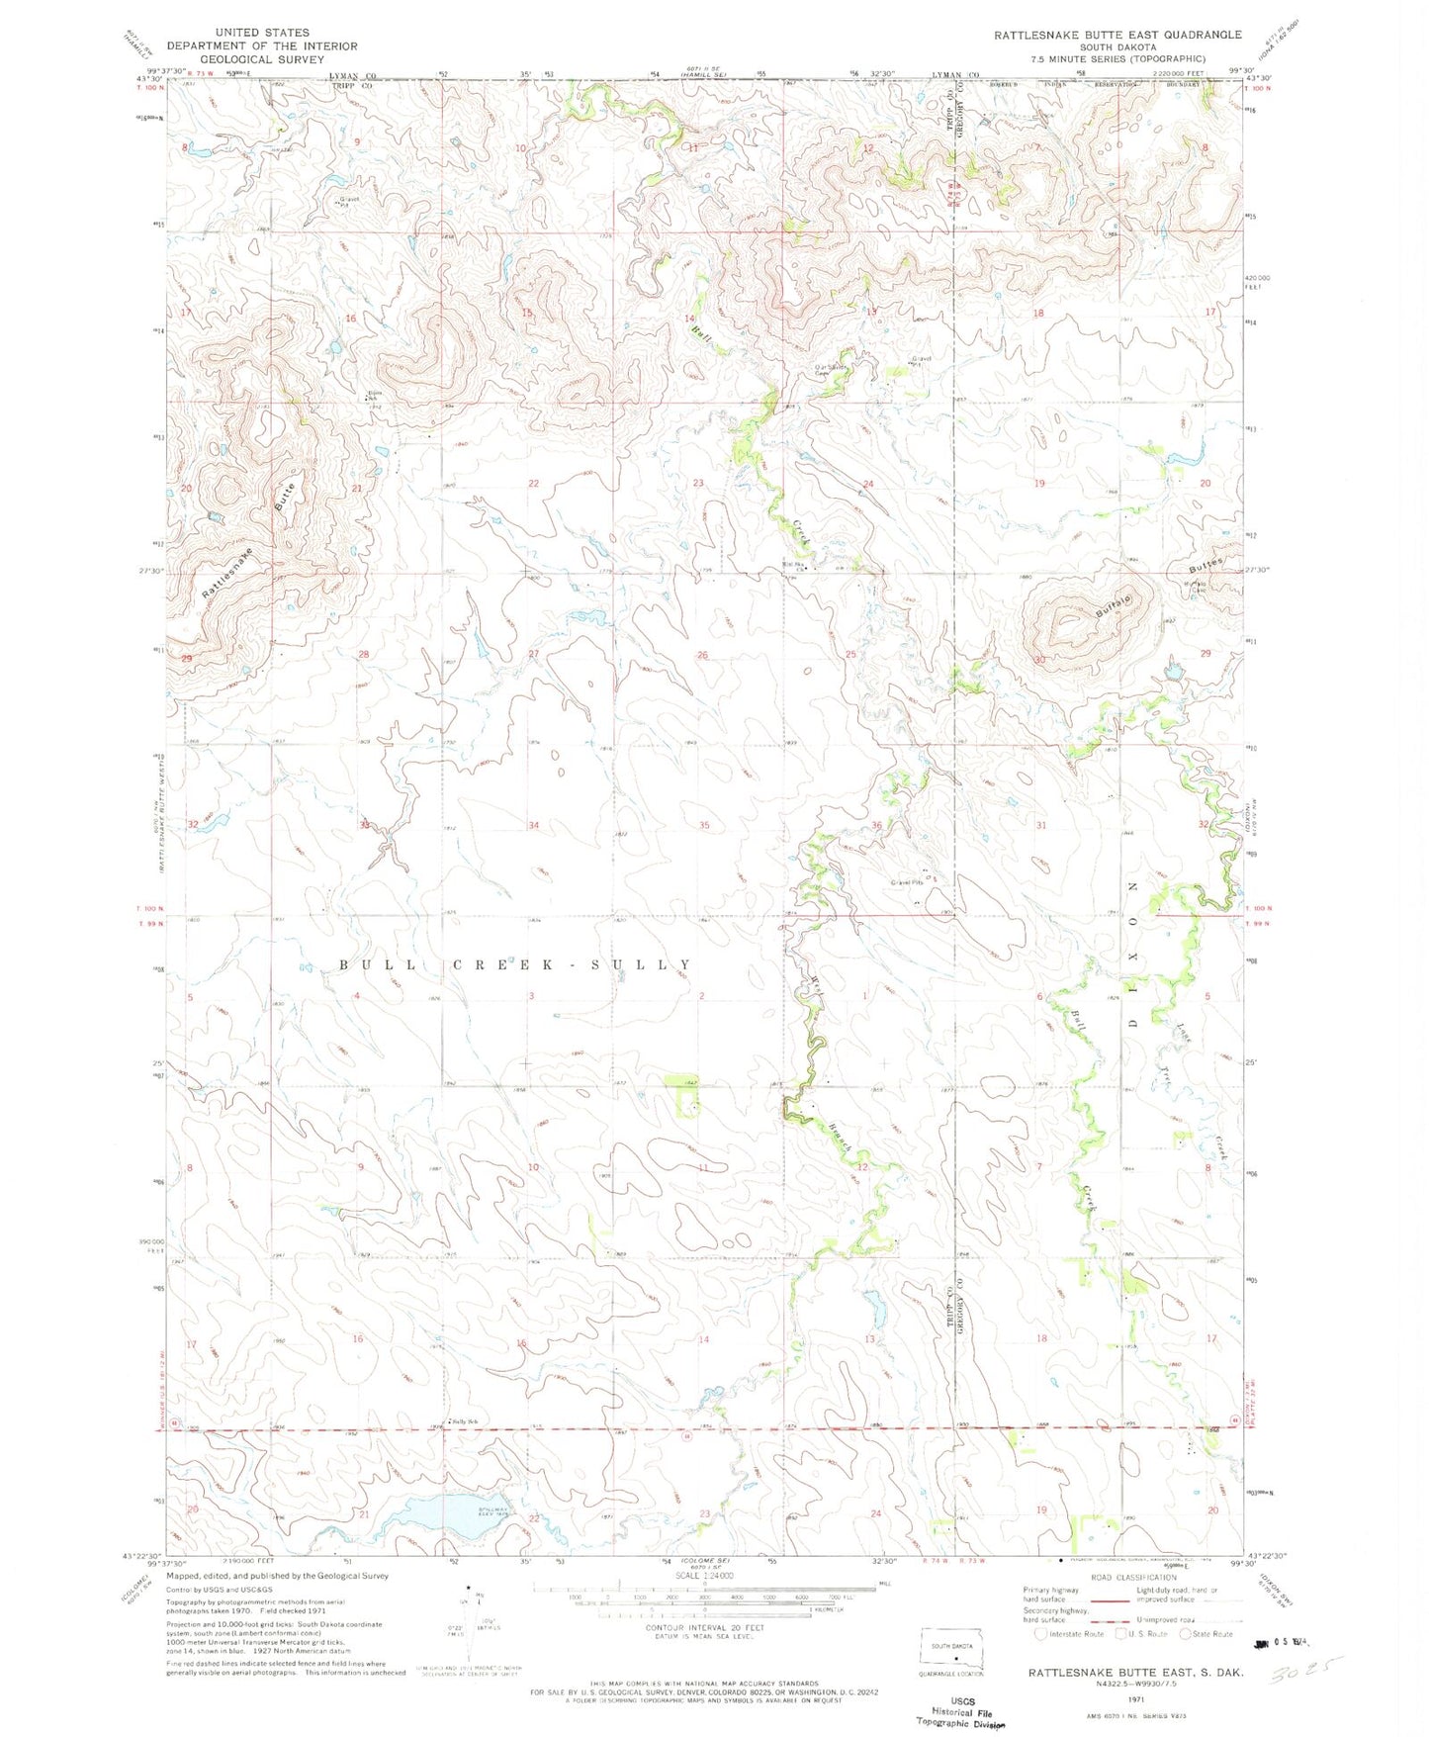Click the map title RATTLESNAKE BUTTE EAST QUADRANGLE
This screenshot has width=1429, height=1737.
pyautogui.click(x=1117, y=34)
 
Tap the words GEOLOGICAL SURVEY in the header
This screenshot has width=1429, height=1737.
pyautogui.click(x=261, y=58)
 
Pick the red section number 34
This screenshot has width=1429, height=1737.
pyautogui.click(x=534, y=825)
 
